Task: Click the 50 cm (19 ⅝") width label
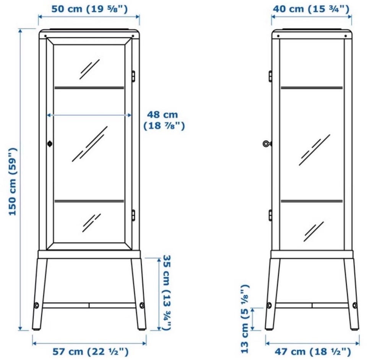89,9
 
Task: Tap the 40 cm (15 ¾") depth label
311,9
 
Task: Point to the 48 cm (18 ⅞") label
164,120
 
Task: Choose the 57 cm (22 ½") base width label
90,351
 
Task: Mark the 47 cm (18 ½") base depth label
313,351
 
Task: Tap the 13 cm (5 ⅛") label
245,319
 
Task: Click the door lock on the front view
50,143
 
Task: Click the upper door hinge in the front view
133,77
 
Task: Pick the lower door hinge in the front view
133,215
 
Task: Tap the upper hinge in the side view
270,76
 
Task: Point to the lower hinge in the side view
270,215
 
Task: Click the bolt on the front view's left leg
37,305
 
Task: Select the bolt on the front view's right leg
142,305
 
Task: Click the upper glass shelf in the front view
89,88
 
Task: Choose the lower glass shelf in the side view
312,201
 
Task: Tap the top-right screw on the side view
346,36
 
